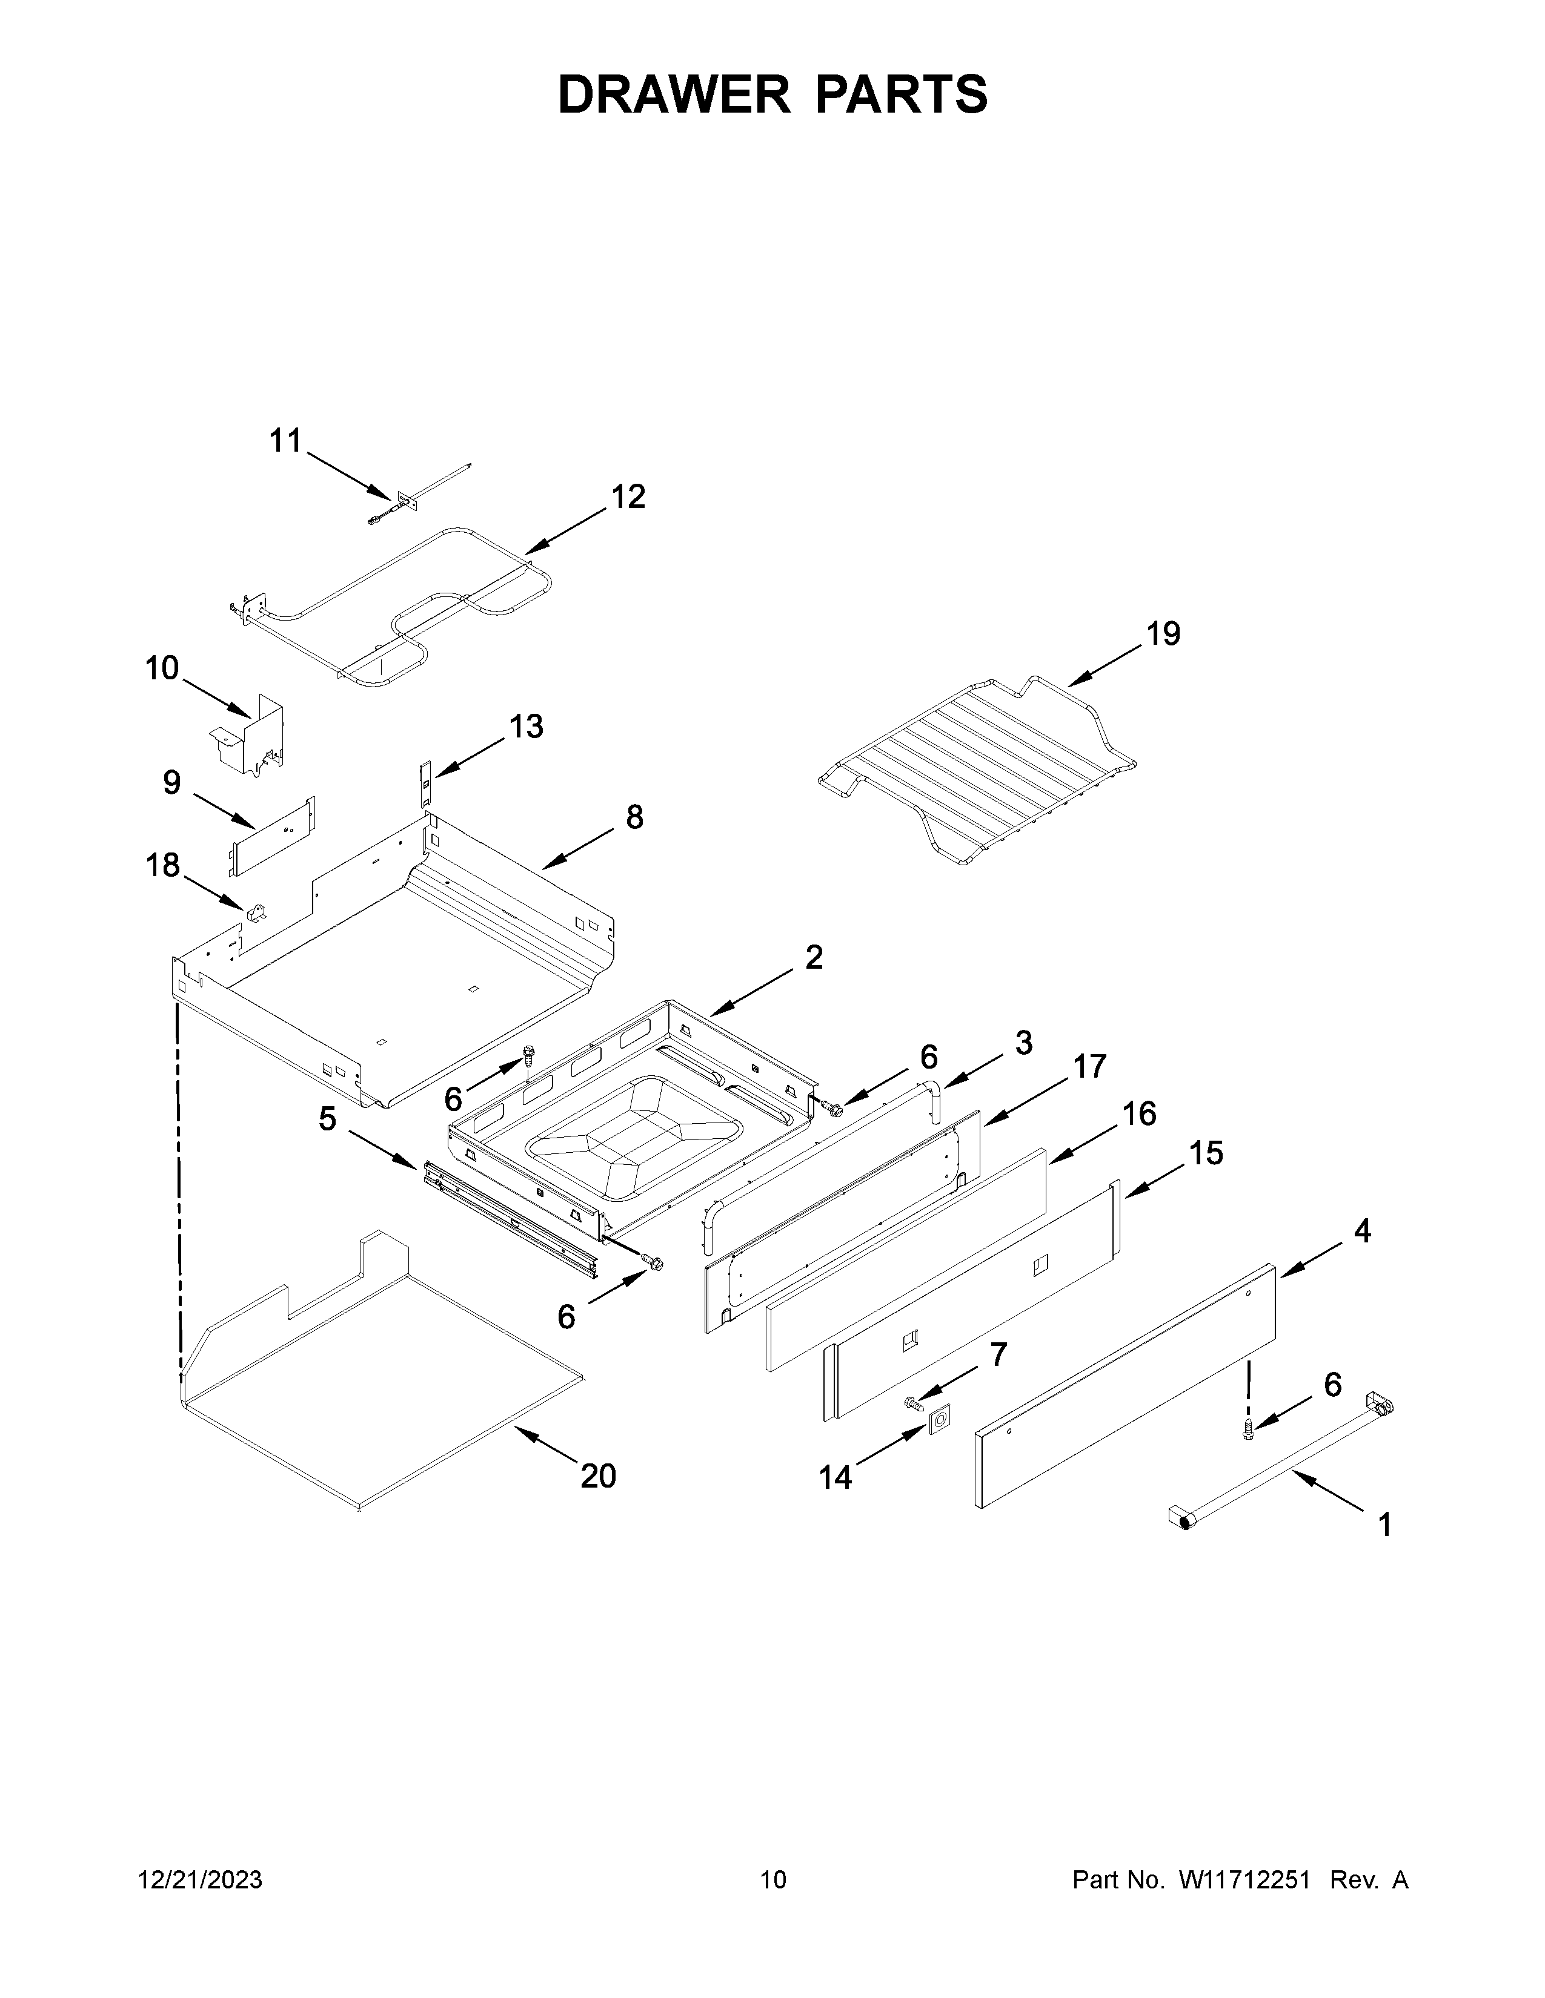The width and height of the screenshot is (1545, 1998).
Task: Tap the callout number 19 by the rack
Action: [x=1163, y=633]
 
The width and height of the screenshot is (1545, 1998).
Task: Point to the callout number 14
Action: [x=835, y=1477]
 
